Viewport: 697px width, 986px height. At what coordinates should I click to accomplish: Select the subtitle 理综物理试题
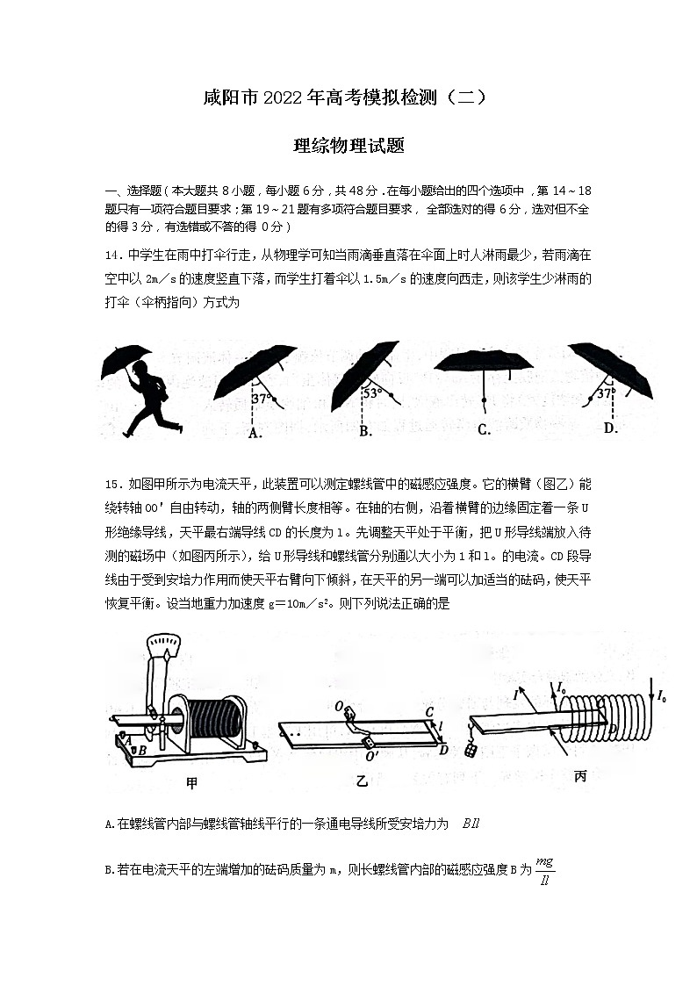pyautogui.click(x=348, y=146)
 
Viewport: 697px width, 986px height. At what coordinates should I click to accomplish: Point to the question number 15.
pyautogui.click(x=111, y=484)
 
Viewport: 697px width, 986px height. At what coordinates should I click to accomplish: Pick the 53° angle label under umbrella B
pyautogui.click(x=371, y=393)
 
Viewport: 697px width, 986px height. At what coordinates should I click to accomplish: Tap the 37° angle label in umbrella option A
pyautogui.click(x=261, y=398)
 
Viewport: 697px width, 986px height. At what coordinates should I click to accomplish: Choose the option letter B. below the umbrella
pyautogui.click(x=366, y=430)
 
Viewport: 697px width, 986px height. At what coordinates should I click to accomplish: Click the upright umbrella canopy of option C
pyautogui.click(x=484, y=365)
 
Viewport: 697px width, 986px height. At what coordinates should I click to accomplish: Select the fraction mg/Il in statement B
pyautogui.click(x=545, y=869)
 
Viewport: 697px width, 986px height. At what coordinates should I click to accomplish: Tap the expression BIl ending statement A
pyautogui.click(x=469, y=824)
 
